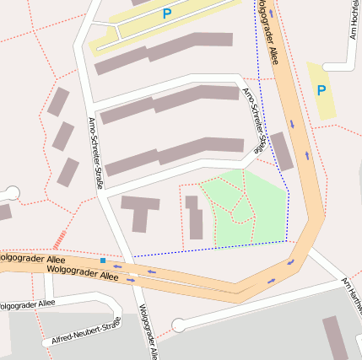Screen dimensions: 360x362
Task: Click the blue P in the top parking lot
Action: click(166, 13)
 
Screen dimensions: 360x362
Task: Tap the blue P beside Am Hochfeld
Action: click(321, 89)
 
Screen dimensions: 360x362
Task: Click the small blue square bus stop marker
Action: click(103, 261)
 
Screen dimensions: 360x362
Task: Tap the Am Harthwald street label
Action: click(351, 291)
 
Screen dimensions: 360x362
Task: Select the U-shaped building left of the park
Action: click(139, 211)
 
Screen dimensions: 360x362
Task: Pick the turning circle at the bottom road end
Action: click(177, 325)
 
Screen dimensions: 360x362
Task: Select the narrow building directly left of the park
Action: click(194, 218)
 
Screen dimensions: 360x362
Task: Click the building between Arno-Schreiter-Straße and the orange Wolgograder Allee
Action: click(281, 150)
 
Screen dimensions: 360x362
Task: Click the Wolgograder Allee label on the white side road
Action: click(25, 304)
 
